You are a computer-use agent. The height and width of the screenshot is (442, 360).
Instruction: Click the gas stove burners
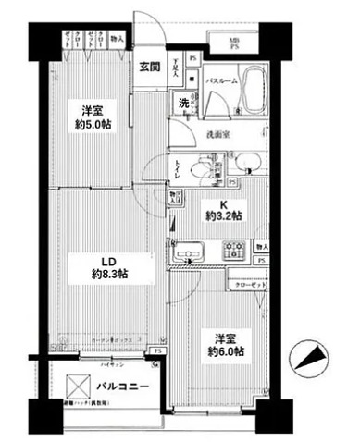[x=233, y=248]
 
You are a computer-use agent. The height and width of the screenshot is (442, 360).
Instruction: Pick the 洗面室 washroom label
[x=218, y=133]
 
